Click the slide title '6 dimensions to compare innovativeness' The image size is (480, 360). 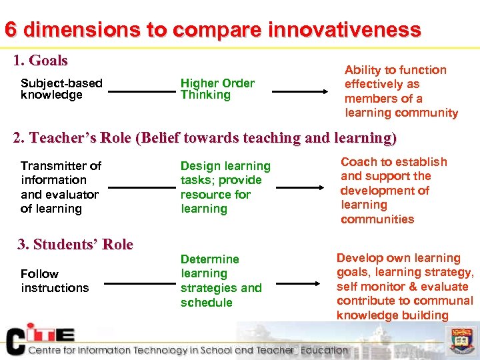[213, 30]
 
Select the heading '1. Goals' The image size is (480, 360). [41, 61]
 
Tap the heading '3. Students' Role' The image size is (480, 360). [75, 244]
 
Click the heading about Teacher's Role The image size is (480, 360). [205, 138]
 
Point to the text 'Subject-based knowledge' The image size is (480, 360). [61, 89]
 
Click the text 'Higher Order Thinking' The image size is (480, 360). [217, 89]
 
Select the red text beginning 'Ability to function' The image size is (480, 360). [401, 91]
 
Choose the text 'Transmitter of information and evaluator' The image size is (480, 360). [61, 187]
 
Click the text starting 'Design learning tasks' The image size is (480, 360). [225, 187]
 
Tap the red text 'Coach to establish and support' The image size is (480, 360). [393, 191]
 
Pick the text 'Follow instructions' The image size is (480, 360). [55, 281]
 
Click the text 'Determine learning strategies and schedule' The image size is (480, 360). [221, 281]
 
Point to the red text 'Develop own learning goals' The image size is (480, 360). [405, 286]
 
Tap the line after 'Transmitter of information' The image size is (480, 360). [141, 188]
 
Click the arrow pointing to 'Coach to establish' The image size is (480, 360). [299, 188]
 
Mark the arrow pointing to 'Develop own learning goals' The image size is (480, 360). [299, 283]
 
